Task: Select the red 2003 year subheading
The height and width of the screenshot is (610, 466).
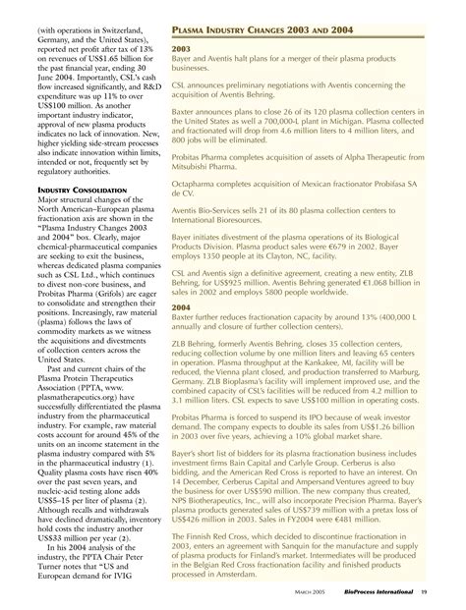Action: pos(182,47)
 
